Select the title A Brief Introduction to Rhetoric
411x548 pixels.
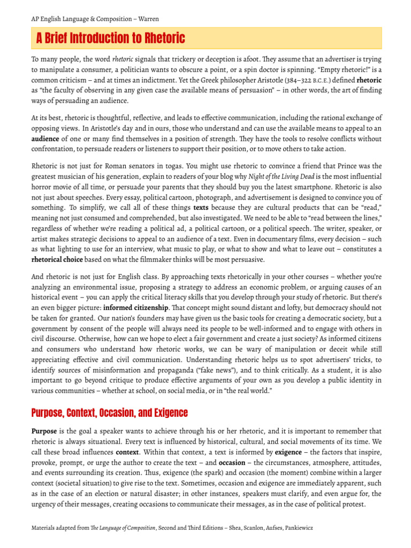(x=110, y=39)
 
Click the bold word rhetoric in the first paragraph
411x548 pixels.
(x=369, y=80)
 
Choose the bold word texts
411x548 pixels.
(x=201, y=208)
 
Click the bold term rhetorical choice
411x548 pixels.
(x=57, y=260)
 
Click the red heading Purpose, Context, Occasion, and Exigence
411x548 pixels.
(x=111, y=413)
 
